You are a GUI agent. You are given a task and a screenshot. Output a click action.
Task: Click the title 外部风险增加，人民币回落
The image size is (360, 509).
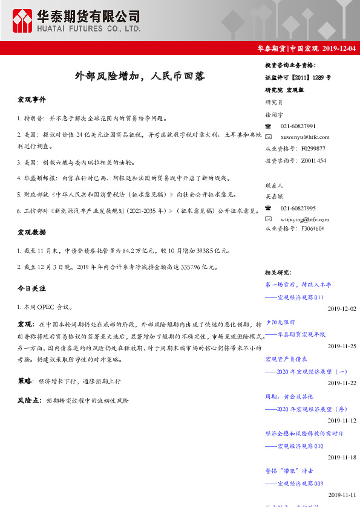[139, 77]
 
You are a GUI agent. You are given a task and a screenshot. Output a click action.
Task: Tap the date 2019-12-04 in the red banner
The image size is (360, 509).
[339, 49]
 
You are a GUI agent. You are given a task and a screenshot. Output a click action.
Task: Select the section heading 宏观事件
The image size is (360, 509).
[31, 100]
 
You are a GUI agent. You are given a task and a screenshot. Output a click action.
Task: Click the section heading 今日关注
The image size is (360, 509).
[31, 288]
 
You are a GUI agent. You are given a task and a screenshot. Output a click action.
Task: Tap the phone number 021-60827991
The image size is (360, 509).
[298, 126]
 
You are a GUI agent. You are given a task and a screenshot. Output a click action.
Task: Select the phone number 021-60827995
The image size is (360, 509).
[298, 207]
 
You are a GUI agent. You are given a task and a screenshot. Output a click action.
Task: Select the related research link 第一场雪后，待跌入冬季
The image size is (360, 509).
[298, 285]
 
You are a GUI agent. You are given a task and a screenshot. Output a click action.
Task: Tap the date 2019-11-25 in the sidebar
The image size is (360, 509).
[342, 346]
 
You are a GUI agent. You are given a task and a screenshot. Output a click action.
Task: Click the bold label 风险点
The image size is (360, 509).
[29, 400]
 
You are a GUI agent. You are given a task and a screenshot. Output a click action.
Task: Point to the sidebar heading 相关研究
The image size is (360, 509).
[278, 273]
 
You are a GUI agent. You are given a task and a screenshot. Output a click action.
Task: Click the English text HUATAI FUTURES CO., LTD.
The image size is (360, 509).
[89, 28]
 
